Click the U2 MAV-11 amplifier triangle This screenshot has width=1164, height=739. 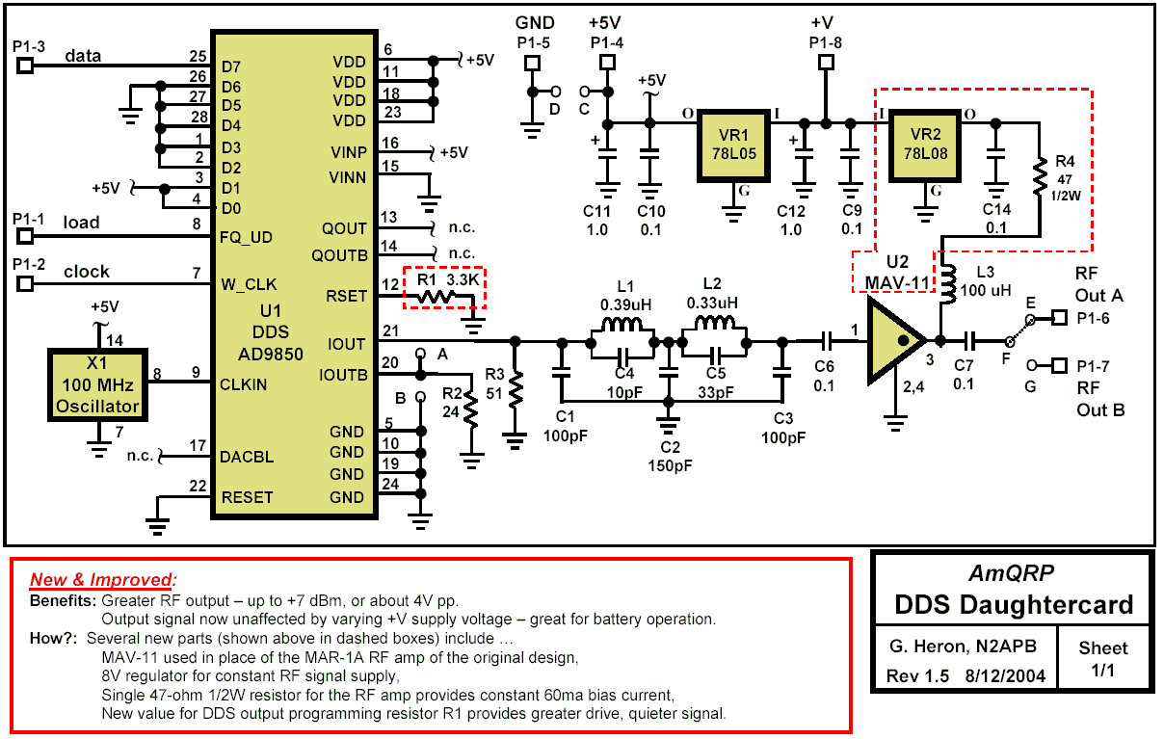click(x=896, y=340)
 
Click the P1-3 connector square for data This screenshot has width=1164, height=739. click(x=25, y=65)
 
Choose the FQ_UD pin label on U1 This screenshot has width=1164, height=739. click(x=245, y=237)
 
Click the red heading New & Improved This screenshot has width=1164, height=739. click(x=103, y=580)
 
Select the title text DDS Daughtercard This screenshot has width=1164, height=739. click(x=1012, y=606)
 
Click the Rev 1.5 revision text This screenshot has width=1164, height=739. click(x=916, y=675)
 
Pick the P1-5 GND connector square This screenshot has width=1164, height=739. click(x=530, y=63)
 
